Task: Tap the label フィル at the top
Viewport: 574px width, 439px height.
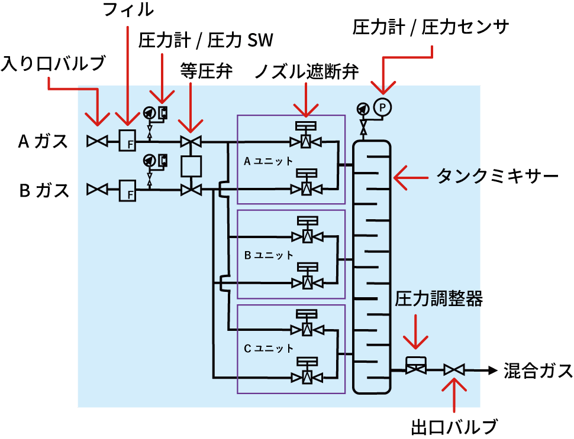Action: (x=128, y=10)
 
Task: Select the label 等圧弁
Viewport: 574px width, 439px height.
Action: (x=207, y=72)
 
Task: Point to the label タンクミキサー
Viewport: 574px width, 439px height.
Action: (x=498, y=177)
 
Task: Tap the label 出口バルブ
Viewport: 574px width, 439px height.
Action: (x=454, y=427)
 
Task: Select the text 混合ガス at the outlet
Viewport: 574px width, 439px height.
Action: (x=538, y=371)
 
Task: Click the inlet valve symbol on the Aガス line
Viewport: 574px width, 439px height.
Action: (x=96, y=141)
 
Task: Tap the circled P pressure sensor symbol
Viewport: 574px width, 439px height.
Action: (x=383, y=108)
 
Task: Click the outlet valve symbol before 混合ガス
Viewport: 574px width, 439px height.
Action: (x=454, y=370)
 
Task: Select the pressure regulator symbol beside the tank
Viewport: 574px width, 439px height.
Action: (x=415, y=366)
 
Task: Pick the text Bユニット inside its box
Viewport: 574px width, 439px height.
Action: (x=269, y=255)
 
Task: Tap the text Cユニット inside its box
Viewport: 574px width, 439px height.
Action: (x=269, y=349)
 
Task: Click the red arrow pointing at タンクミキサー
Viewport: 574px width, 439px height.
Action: (x=411, y=177)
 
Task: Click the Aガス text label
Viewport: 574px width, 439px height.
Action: (x=43, y=142)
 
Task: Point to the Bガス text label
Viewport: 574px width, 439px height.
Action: (x=43, y=191)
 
